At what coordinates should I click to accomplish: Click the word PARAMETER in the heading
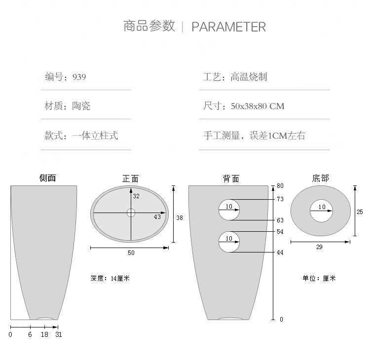228,27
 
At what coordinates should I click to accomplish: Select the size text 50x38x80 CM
258,107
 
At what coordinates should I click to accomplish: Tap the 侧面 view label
48,178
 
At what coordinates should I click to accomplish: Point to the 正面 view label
131,179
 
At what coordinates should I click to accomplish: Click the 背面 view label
231,179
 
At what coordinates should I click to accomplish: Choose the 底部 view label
321,178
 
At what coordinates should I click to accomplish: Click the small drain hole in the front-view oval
131,213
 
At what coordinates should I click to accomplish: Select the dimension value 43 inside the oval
157,217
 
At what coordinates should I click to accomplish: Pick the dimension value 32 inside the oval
137,196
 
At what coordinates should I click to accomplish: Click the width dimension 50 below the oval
131,253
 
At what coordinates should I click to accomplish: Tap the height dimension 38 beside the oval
180,217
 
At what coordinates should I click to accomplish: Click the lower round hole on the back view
229,242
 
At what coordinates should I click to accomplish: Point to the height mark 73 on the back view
280,199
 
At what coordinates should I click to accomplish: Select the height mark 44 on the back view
280,252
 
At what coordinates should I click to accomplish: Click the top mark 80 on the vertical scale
280,186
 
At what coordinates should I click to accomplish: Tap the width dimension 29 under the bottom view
319,247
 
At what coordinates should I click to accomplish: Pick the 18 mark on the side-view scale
44,334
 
